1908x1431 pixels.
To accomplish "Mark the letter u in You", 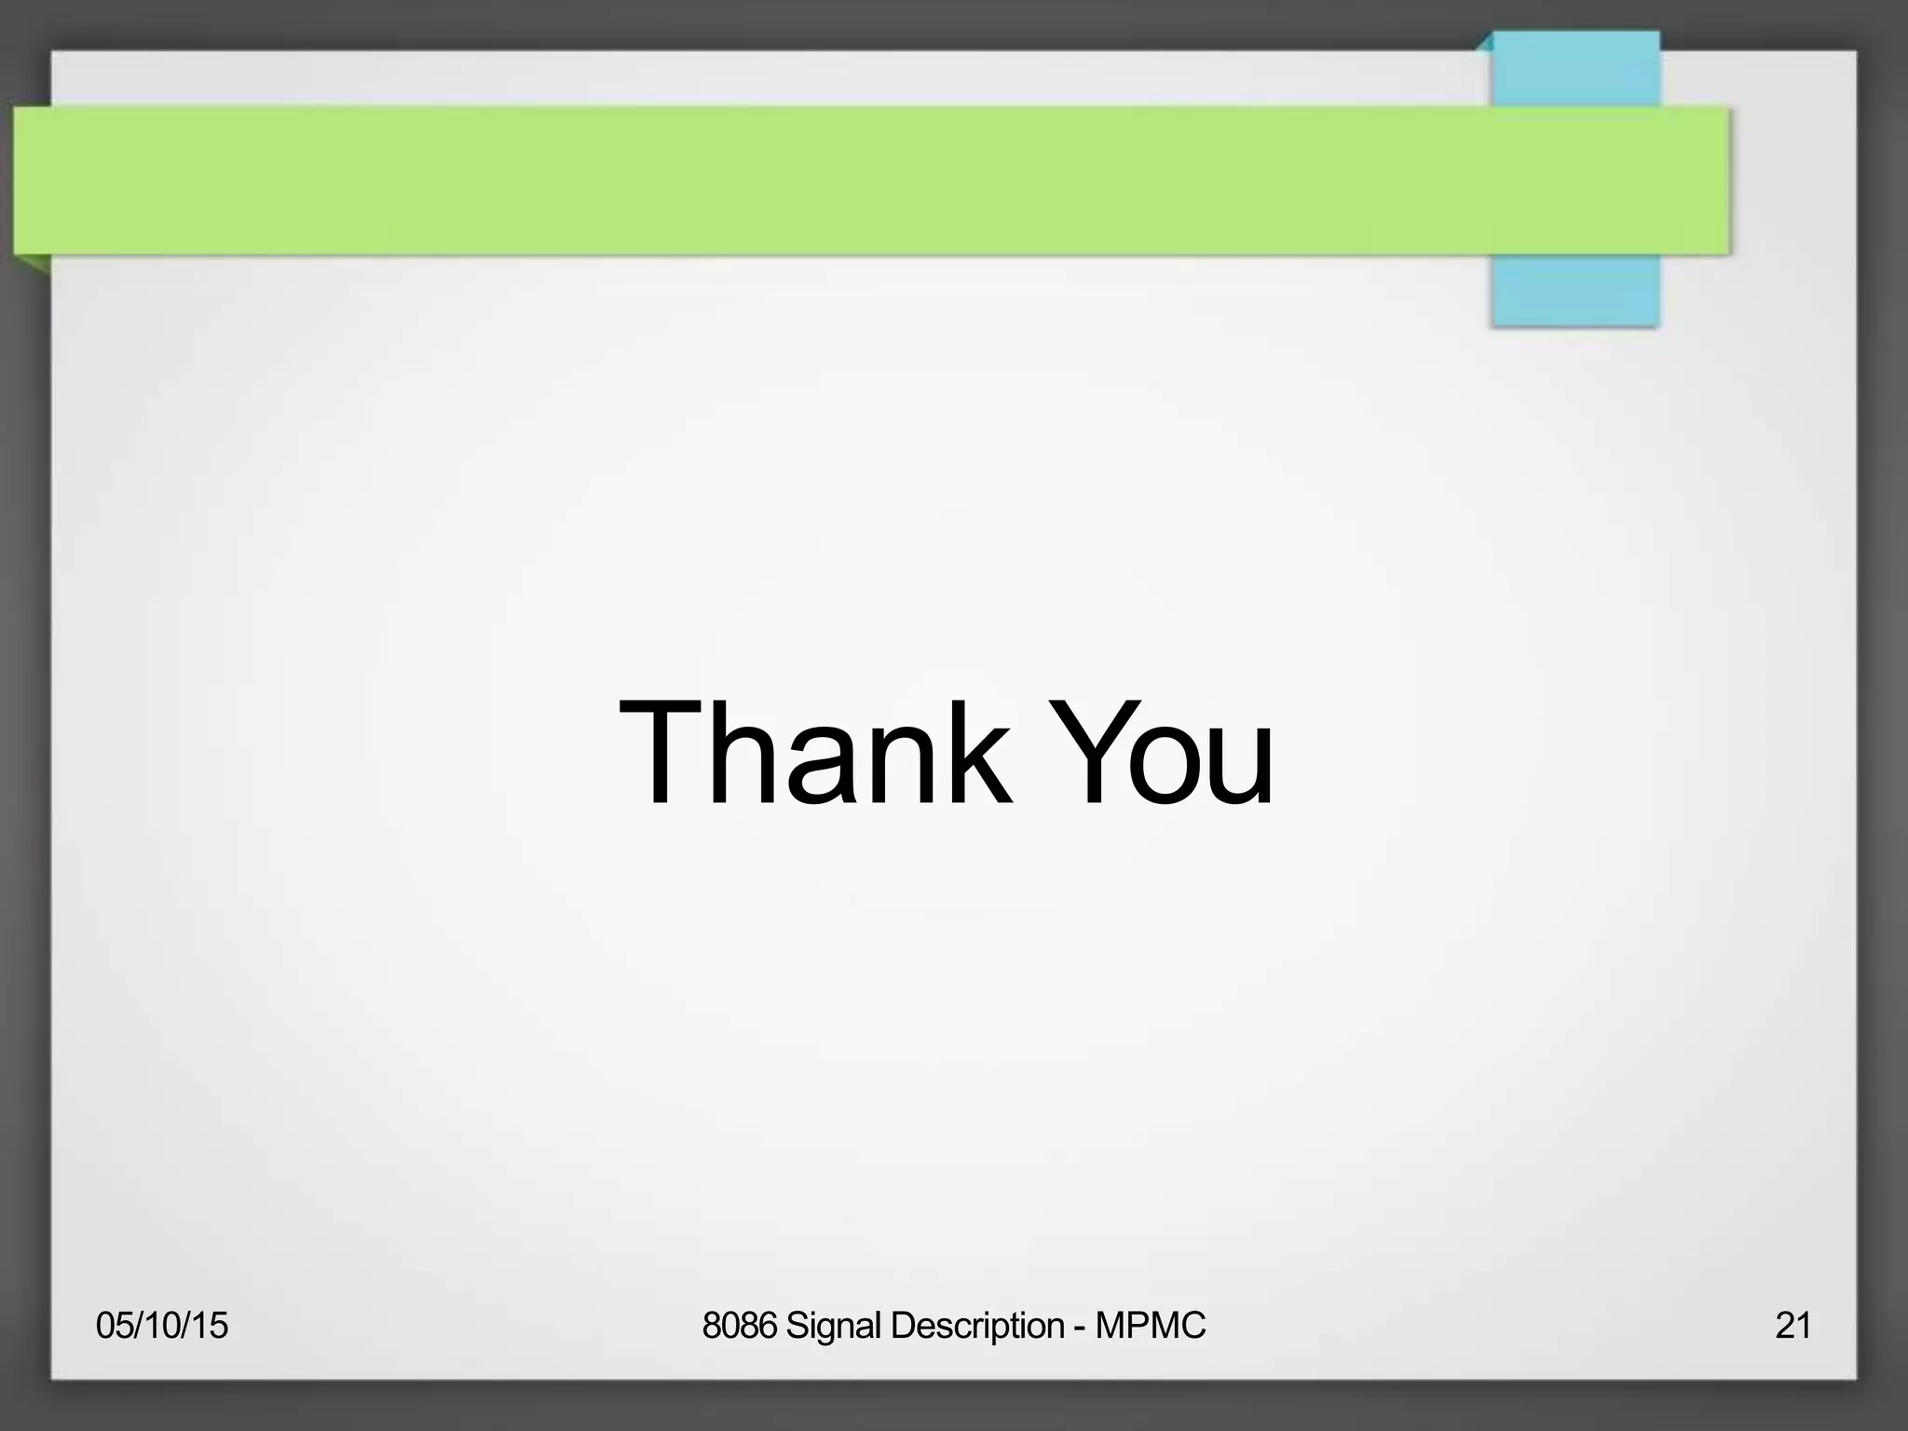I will [1239, 770].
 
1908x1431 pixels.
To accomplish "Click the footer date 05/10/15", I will [162, 1325].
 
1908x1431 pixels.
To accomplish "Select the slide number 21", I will [1793, 1325].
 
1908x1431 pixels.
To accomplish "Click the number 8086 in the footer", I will [739, 1325].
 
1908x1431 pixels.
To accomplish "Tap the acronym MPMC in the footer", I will [1151, 1325].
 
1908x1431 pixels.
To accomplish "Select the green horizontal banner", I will [838, 180].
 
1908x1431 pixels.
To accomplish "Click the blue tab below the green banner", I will [1575, 290].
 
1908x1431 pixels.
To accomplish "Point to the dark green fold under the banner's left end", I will [34, 263].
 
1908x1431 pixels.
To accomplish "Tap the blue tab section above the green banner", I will [1575, 70].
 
